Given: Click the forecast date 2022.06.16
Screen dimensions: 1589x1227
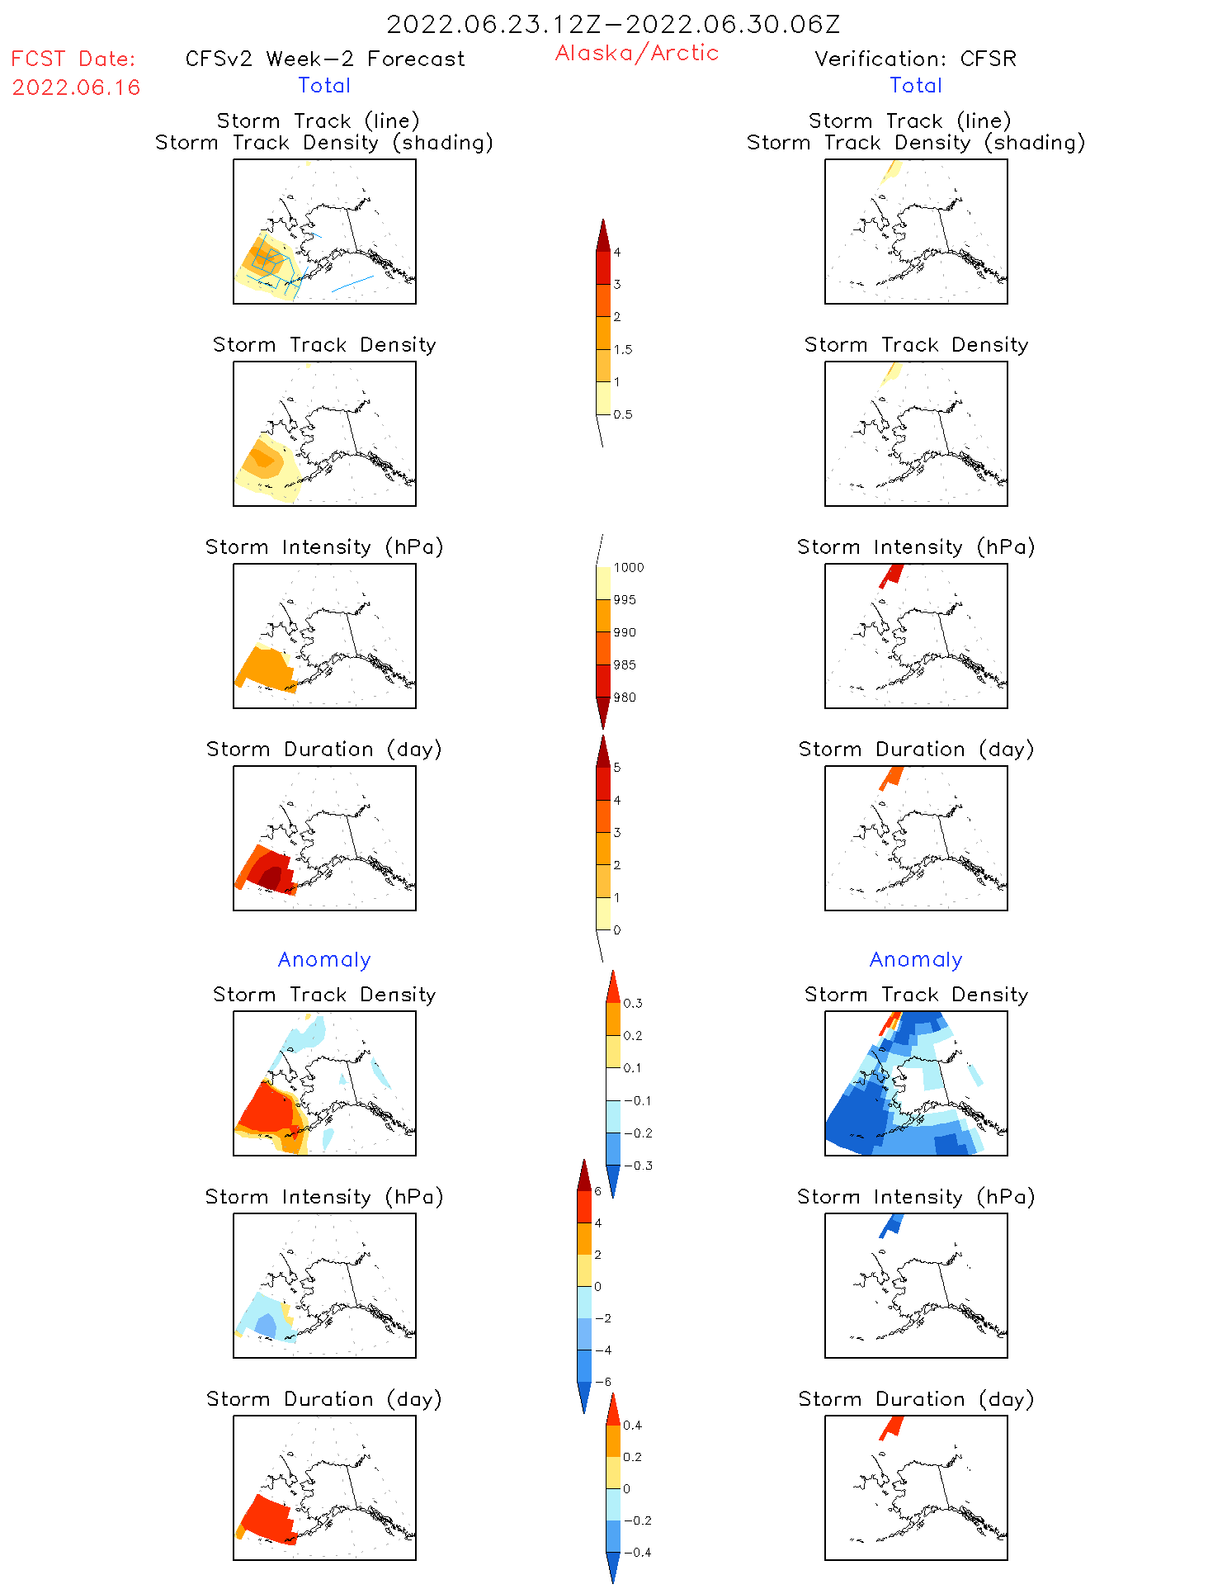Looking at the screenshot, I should [x=76, y=87].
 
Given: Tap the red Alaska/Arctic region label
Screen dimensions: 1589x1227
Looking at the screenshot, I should [x=636, y=53].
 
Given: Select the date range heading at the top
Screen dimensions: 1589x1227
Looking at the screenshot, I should [x=613, y=24].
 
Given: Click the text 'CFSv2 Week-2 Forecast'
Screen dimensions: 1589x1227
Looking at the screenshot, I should [x=325, y=59].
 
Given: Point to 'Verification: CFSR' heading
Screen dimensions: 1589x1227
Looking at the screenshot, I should [x=915, y=59].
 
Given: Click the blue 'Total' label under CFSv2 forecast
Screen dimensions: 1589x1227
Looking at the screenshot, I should [x=324, y=85].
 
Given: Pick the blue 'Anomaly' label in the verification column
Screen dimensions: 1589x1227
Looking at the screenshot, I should [x=916, y=959].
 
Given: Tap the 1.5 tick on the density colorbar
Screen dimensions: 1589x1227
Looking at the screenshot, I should [x=623, y=349].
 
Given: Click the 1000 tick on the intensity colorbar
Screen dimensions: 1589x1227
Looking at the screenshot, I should [x=628, y=567].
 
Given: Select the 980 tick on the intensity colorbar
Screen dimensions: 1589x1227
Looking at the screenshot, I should [x=625, y=698].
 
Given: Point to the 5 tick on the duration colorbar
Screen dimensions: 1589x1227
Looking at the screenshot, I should [x=617, y=768].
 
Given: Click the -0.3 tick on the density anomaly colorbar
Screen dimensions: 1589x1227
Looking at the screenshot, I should [x=638, y=1166].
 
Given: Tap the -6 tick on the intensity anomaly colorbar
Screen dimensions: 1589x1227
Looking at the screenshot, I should [x=603, y=1382].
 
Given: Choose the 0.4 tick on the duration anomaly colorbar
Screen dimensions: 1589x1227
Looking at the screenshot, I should [x=633, y=1425].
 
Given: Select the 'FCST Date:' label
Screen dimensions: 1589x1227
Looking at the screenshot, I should [x=73, y=59].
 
